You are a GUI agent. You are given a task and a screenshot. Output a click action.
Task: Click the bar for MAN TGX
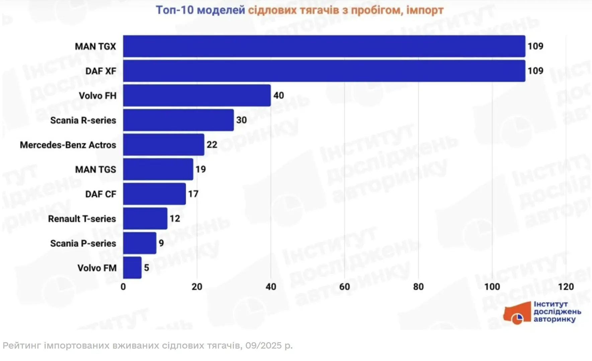coord(324,46)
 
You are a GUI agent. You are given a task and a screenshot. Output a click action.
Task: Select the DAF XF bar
coord(324,71)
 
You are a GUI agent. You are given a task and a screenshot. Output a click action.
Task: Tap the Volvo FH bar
coord(197,96)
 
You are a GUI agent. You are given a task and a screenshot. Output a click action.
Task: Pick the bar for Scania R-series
coord(178,120)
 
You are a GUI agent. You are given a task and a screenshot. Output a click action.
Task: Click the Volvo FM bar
coord(132,268)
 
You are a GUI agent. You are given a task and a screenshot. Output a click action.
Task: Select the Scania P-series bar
coord(140,243)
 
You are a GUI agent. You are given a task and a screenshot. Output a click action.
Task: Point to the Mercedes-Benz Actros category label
coord(68,145)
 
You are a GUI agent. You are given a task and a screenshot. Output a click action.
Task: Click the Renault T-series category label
coord(82,219)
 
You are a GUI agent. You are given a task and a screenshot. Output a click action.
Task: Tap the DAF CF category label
coord(101,194)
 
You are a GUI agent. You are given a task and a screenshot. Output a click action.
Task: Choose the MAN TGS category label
coord(96,170)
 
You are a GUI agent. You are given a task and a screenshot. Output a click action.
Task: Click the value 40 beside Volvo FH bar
coord(278,96)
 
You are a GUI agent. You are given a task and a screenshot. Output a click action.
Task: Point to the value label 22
coord(212,144)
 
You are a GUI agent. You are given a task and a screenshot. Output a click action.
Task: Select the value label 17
coord(193,194)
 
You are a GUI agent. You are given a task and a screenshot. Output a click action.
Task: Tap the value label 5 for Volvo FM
coord(147,267)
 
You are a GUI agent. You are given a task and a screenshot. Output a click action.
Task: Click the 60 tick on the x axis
coord(345,287)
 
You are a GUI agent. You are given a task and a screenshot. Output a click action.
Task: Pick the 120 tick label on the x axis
coord(566,287)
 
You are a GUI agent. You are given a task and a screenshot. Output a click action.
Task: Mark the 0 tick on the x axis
coord(123,287)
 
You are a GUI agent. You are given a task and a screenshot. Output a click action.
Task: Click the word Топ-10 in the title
coord(175,10)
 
